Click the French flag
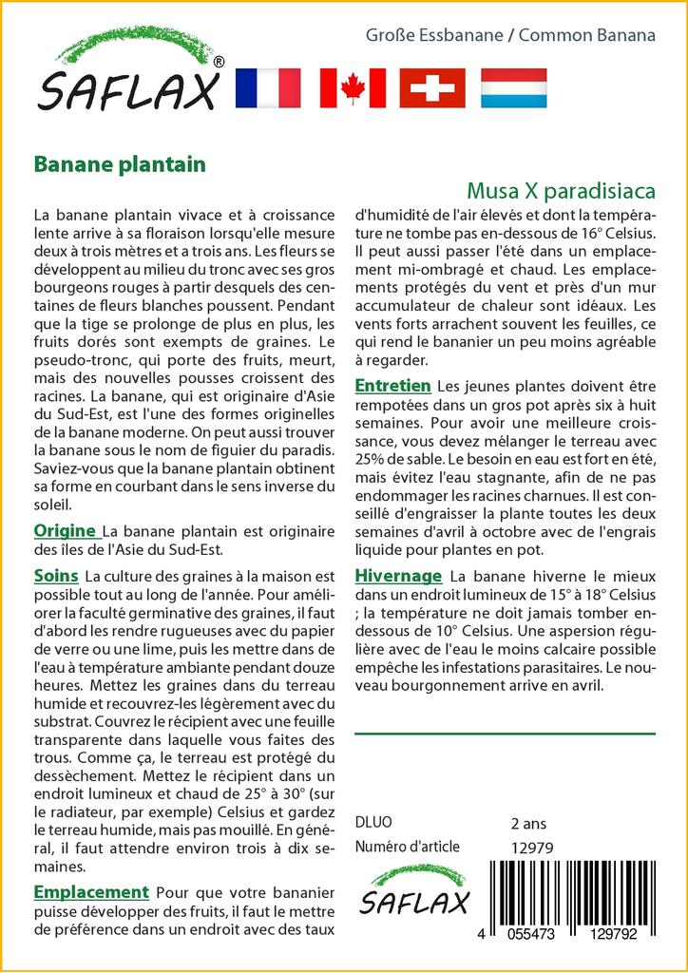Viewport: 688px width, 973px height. [267, 87]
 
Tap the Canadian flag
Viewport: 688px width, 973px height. [353, 87]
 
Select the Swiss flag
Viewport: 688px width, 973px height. [432, 87]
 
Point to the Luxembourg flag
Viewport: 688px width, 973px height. [513, 87]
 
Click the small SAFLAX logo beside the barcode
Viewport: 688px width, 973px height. [413, 893]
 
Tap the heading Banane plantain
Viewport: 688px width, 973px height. [120, 164]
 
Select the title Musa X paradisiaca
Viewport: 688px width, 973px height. [561, 191]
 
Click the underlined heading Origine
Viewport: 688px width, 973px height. [65, 531]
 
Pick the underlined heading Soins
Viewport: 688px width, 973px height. [56, 576]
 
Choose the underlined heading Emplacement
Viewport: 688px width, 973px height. [91, 892]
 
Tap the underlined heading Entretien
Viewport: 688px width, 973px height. [392, 386]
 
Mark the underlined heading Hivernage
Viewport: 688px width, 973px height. [398, 576]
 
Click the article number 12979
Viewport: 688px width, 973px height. [531, 847]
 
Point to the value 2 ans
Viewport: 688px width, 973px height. [528, 823]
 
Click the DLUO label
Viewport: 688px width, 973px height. [373, 823]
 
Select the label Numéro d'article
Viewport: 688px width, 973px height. [407, 847]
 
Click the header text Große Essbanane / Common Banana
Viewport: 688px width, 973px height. [511, 35]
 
